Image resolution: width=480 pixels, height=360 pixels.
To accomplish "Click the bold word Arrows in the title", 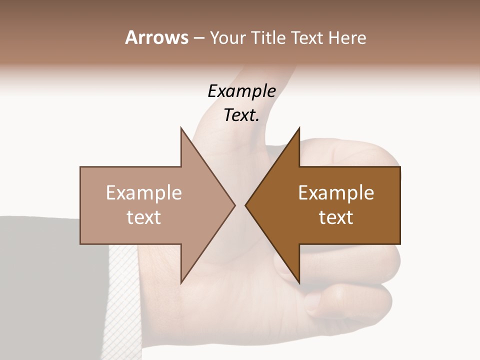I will tap(156, 37).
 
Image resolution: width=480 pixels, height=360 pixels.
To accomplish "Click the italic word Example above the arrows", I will tap(241, 91).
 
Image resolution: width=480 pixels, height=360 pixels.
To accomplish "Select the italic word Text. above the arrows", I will tap(241, 115).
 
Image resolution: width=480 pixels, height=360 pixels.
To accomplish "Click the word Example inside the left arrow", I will tap(144, 193).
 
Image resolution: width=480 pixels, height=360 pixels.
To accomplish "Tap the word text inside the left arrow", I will tap(144, 217).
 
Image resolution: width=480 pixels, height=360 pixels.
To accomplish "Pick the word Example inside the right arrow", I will tap(336, 193).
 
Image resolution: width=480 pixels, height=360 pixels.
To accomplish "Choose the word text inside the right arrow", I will tap(336, 217).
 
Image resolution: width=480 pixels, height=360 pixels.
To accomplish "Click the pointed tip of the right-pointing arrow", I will tap(234, 205).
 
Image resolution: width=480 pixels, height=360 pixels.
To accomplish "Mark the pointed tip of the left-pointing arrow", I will tap(245, 205).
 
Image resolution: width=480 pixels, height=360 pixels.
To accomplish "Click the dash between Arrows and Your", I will tap(198, 38).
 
